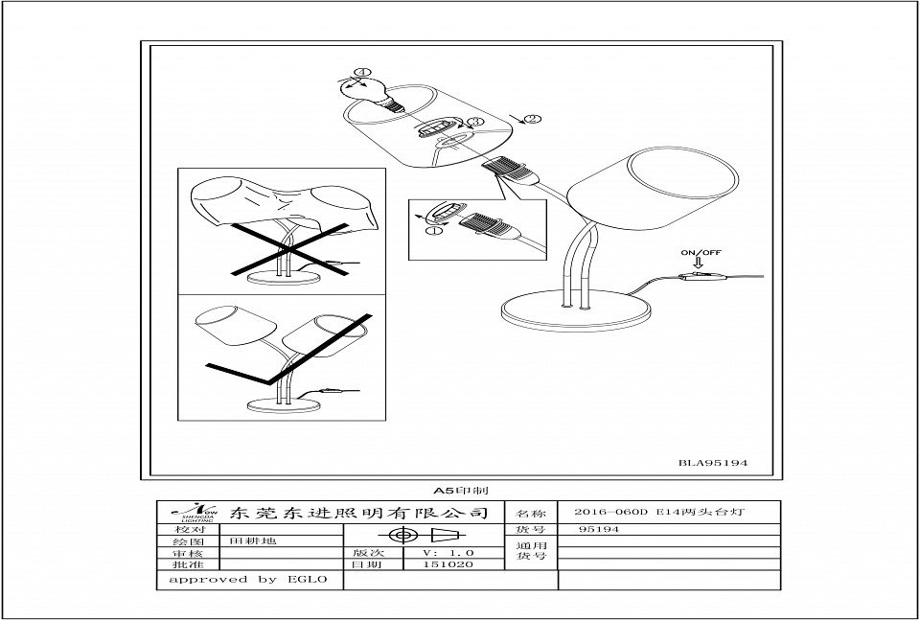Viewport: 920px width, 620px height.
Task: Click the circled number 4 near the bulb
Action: (361, 72)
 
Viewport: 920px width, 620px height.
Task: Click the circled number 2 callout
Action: (534, 119)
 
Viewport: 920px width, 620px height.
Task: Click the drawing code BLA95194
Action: (712, 463)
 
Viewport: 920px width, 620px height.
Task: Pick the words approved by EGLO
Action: (248, 579)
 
